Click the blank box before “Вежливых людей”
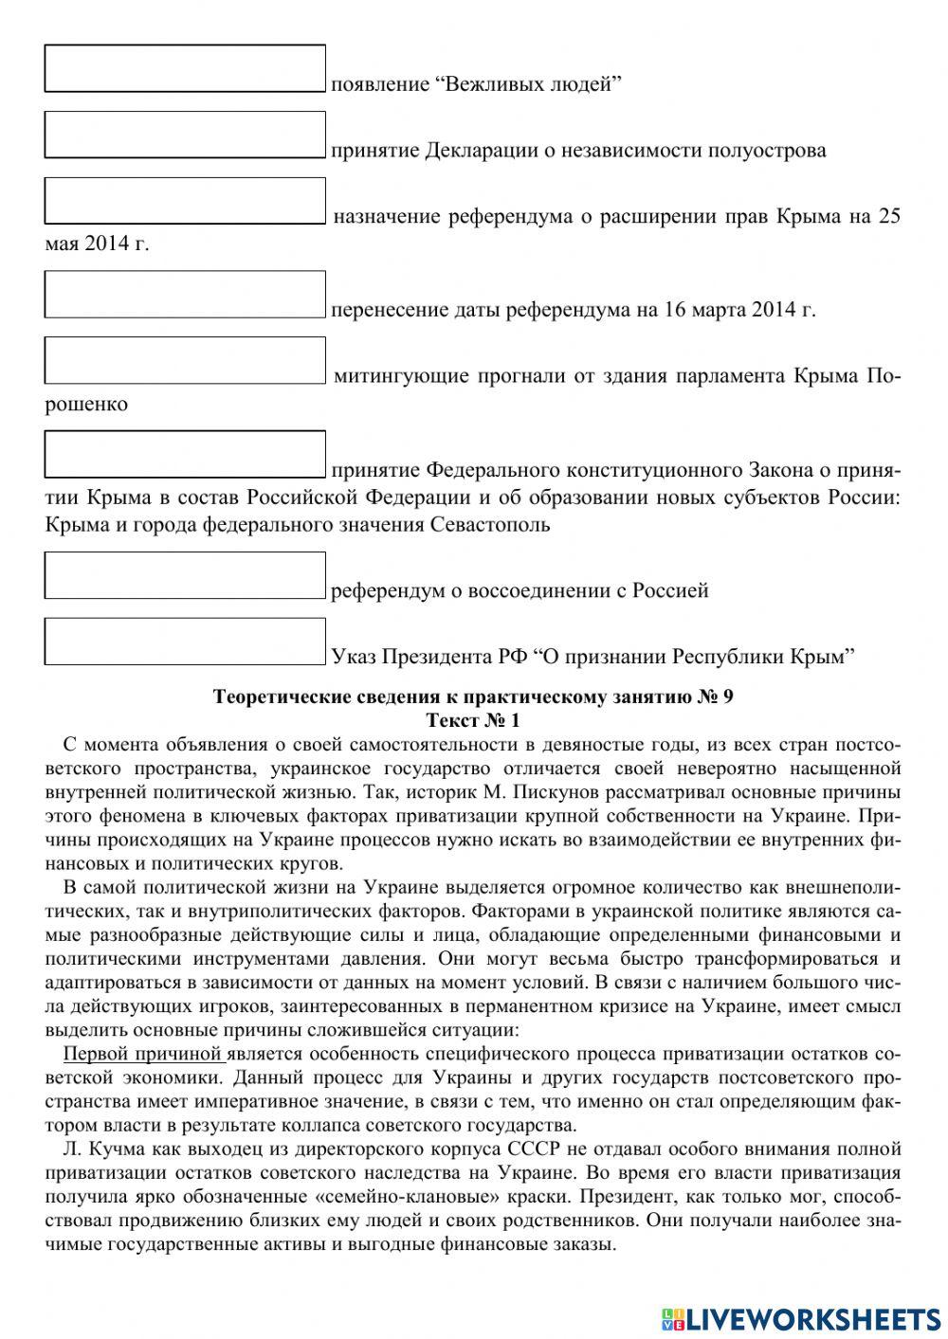(185, 68)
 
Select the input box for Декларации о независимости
(185, 135)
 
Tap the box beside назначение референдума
(185, 201)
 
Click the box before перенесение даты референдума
(185, 294)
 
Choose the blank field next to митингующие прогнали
(185, 360)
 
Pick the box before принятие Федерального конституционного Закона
(185, 454)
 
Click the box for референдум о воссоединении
(185, 575)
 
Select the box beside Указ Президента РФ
(185, 641)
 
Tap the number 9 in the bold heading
(727, 697)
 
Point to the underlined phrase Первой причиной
(141, 1054)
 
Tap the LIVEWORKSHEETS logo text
(811, 1318)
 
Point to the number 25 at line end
(889, 216)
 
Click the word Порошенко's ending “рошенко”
(86, 404)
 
